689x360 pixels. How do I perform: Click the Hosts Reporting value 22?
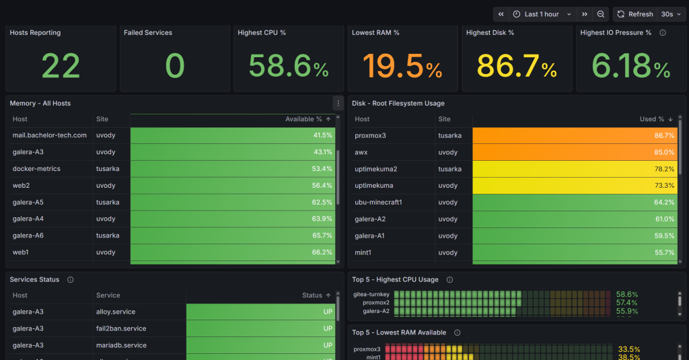click(x=61, y=66)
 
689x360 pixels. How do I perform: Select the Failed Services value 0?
click(x=175, y=66)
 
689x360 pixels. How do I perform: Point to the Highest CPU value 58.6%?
click(x=289, y=66)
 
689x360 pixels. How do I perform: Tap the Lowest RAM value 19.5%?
click(x=402, y=66)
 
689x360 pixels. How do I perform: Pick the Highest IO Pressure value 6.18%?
click(x=631, y=66)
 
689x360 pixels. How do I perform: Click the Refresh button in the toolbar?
click(x=634, y=14)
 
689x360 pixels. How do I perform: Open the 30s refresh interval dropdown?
click(x=670, y=14)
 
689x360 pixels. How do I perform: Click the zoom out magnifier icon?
click(x=601, y=14)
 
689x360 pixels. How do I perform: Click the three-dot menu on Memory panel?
click(x=338, y=104)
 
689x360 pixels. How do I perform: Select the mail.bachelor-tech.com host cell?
click(x=50, y=135)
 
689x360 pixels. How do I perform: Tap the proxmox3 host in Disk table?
click(x=370, y=135)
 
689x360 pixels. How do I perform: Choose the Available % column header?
click(x=303, y=119)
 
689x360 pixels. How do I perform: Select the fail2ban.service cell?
click(x=121, y=328)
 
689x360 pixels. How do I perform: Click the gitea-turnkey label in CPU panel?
click(x=371, y=294)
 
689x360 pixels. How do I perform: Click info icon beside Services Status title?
click(x=71, y=280)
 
